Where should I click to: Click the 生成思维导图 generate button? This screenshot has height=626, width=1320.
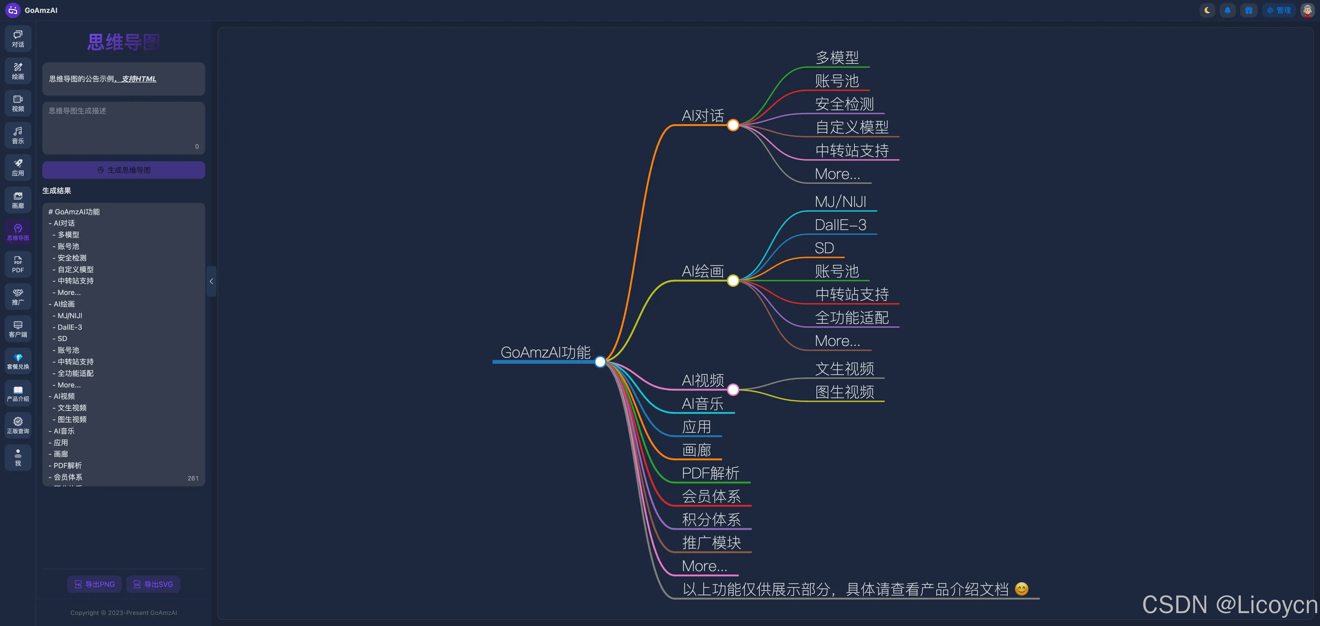point(123,170)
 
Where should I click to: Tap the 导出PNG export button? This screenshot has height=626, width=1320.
point(94,584)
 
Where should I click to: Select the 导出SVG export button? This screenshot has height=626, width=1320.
point(153,584)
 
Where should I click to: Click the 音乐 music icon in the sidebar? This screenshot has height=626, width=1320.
point(18,135)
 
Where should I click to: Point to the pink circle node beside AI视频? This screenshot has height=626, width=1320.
point(733,390)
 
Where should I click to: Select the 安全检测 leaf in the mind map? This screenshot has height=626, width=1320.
point(844,104)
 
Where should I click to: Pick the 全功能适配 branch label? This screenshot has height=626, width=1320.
point(852,318)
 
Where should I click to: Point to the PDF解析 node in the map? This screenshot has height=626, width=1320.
point(710,473)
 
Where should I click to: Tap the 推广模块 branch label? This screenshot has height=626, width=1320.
point(711,543)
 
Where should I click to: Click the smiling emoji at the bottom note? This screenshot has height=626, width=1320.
point(1021,589)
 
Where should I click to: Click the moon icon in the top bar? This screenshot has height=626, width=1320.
point(1207,10)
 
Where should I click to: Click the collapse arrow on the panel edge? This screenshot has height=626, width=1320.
point(211,281)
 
